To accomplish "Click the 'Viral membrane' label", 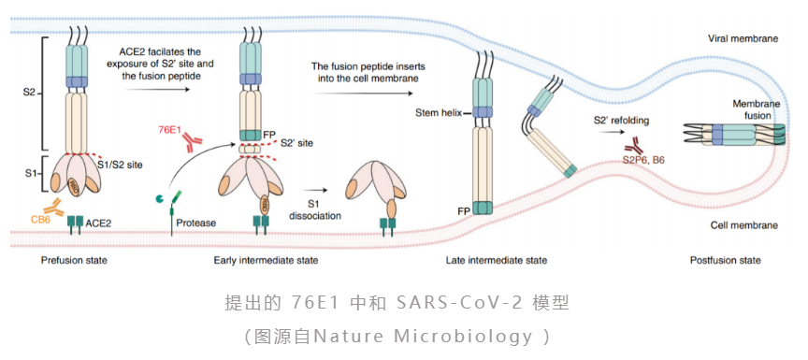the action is pos(743,38).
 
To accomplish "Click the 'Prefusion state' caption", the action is pos(74,260).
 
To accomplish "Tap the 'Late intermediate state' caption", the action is pos(497,260).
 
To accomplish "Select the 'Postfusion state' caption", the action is pos(725,260).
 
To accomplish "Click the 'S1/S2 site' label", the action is pos(119,165).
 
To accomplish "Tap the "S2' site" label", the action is pos(296,143).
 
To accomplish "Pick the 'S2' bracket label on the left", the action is pos(31,94).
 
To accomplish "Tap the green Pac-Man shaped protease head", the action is pos(161,198).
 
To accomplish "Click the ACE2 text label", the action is pos(97,223).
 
